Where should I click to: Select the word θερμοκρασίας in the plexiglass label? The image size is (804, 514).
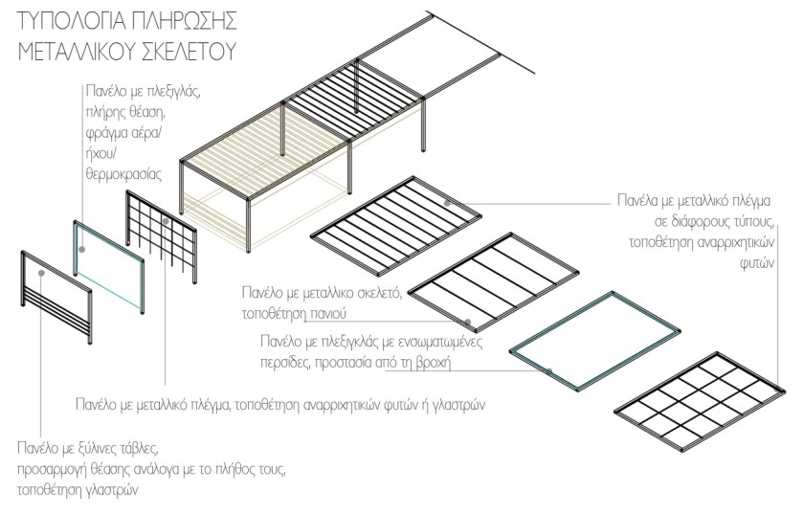pyautogui.click(x=122, y=176)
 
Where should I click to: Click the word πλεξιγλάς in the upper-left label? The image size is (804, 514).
pyautogui.click(x=177, y=93)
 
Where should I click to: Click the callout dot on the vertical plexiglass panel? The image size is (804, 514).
pyautogui.click(x=83, y=248)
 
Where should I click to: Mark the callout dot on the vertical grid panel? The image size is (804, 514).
pyautogui.click(x=165, y=221)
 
